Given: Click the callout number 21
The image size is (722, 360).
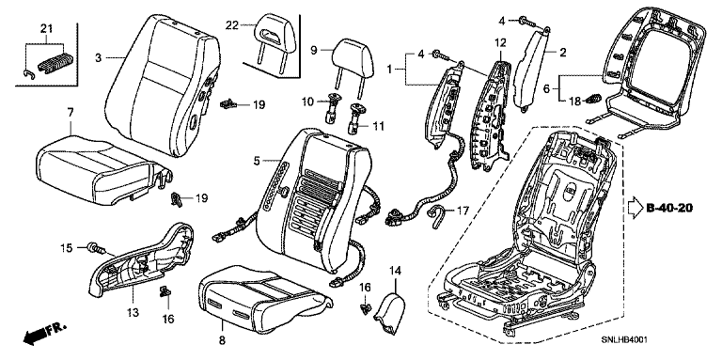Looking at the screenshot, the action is pyautogui.click(x=46, y=28).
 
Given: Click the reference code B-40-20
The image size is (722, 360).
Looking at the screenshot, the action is pyautogui.click(x=669, y=208).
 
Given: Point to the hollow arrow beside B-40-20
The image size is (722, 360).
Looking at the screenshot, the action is pyautogui.click(x=636, y=209).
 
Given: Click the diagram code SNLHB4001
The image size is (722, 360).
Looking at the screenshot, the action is pyautogui.click(x=624, y=339).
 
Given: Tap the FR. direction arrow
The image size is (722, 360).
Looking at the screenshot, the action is pyautogui.click(x=44, y=334).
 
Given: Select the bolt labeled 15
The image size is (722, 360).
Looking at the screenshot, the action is pyautogui.click(x=96, y=248).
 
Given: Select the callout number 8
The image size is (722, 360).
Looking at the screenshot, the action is pyautogui.click(x=222, y=340).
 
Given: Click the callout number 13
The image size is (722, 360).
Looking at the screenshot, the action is pyautogui.click(x=133, y=313).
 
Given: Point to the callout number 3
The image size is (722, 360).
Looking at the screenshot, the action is pyautogui.click(x=98, y=58).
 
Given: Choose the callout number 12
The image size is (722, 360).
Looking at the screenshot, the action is pyautogui.click(x=500, y=43).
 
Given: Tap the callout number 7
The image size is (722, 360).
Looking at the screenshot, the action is pyautogui.click(x=70, y=113).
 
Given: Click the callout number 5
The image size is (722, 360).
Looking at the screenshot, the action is pyautogui.click(x=257, y=161).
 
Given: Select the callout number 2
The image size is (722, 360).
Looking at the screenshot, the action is pyautogui.click(x=563, y=52).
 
